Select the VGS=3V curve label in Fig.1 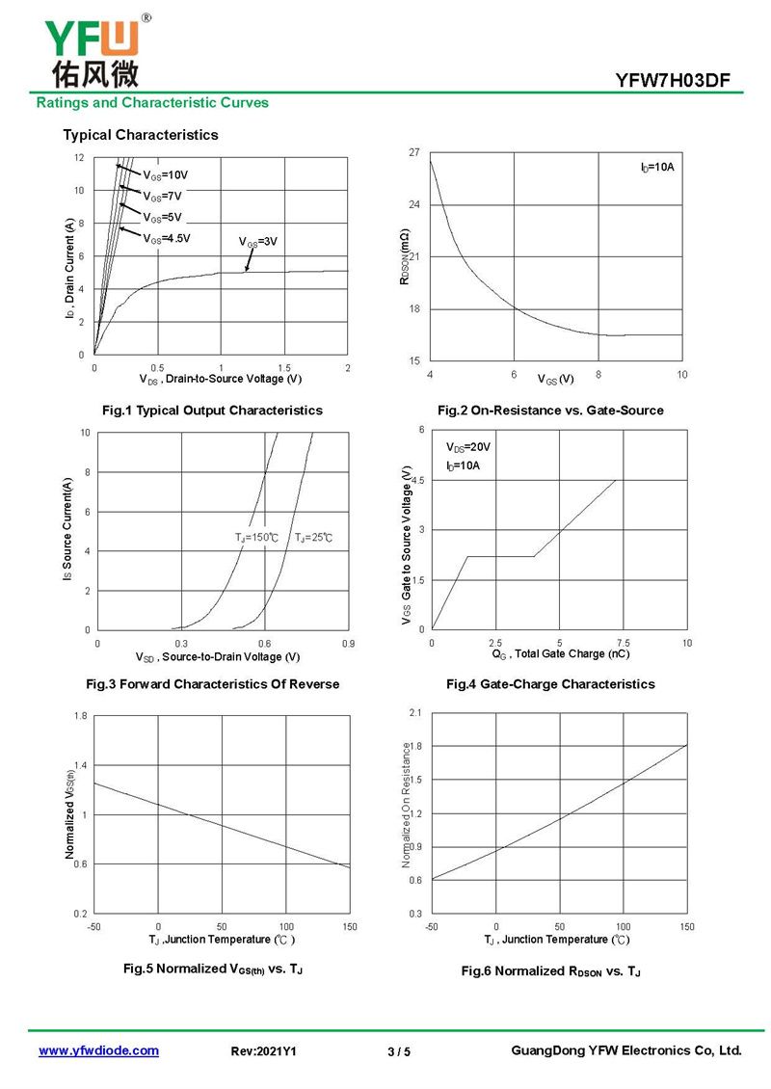point(258,242)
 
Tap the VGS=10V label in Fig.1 point(166,175)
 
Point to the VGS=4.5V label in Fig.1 point(167,238)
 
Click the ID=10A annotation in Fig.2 point(656,168)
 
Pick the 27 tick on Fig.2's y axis point(414,153)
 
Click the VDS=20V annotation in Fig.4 point(468,447)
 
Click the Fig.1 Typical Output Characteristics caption point(219,411)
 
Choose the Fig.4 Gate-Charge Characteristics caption point(550,684)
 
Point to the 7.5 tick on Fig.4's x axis point(623,642)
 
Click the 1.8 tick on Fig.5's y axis point(81,716)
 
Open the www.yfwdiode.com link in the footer point(98,1050)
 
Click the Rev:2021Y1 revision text point(264,1051)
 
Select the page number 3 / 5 point(398,1051)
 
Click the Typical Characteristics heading point(141,135)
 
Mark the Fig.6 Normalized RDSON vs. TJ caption point(550,970)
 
